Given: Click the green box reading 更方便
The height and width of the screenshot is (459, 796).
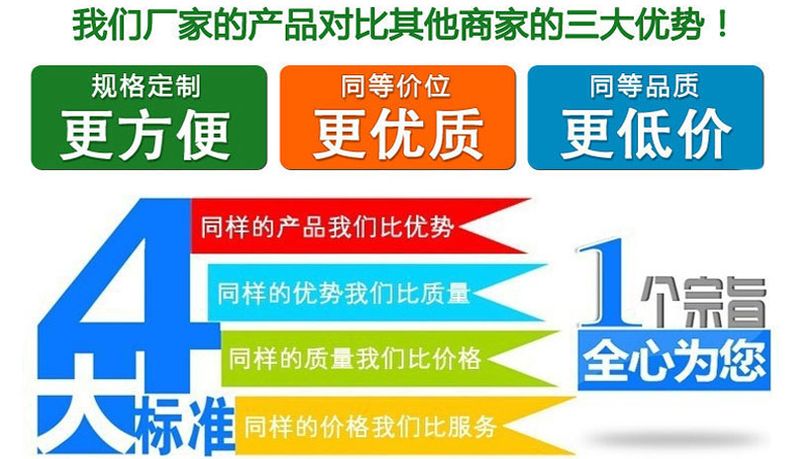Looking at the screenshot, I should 148,117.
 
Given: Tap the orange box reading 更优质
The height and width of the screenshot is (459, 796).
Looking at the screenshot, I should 398,117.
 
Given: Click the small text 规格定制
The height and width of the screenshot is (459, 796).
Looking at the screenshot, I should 145,86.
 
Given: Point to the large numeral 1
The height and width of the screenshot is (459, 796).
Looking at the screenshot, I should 605,287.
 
